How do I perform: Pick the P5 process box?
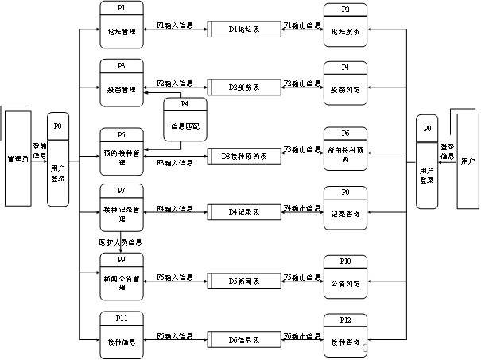[122, 149]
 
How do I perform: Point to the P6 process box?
[345, 149]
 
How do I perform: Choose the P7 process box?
[122, 205]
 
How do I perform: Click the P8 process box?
[345, 207]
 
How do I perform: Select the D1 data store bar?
[245, 29]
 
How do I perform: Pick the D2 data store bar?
[245, 87]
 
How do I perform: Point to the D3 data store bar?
[245, 156]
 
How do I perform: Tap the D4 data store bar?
[245, 212]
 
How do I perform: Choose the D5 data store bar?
[245, 281]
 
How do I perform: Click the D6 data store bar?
[245, 339]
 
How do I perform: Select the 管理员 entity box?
[17, 159]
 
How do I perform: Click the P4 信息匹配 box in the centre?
[184, 120]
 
